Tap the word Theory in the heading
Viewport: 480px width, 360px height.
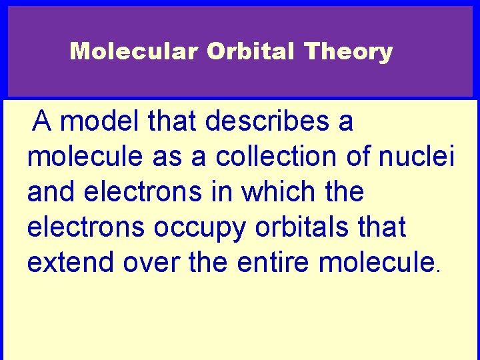click(x=349, y=51)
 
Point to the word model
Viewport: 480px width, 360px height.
click(x=104, y=121)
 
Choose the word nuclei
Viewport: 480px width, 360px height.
click(x=417, y=157)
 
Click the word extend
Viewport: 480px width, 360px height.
click(x=71, y=263)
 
